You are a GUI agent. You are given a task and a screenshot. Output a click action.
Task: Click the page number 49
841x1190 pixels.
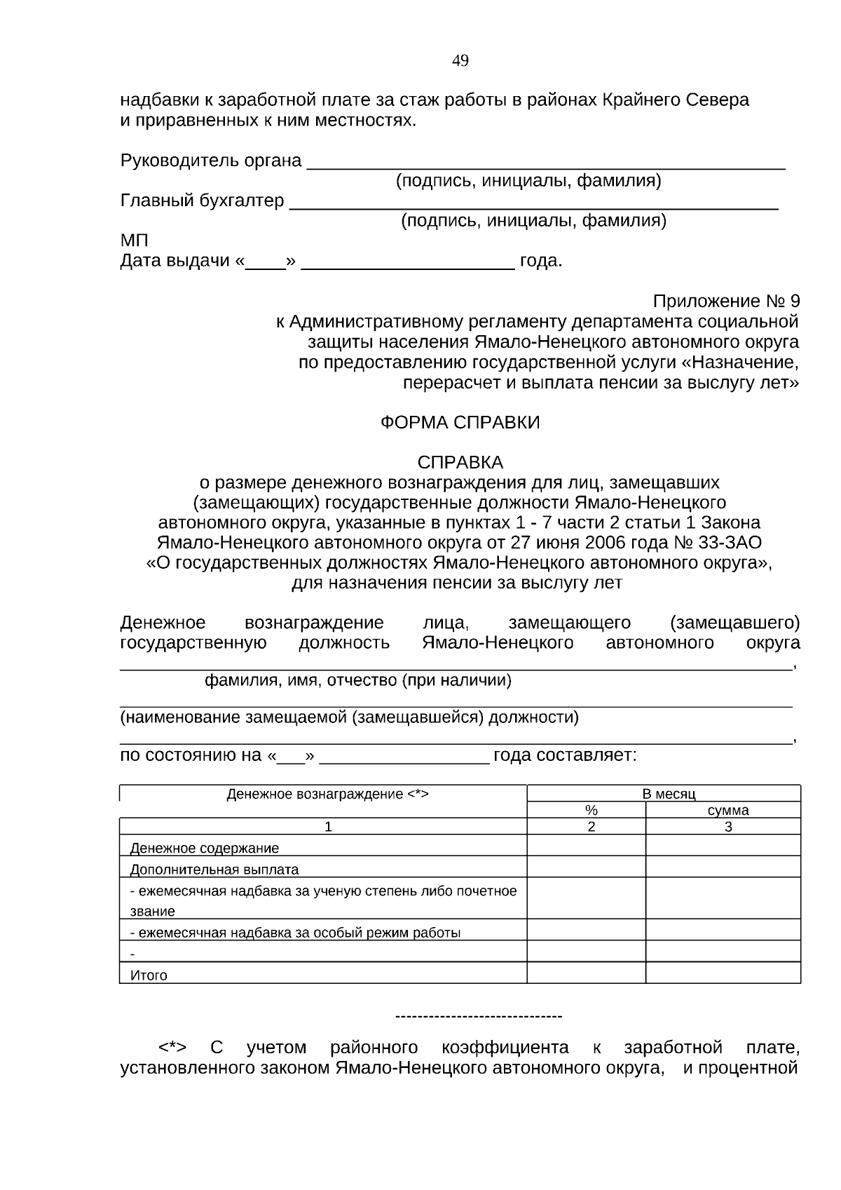click(460, 61)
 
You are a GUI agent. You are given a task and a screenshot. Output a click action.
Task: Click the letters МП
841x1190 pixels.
click(135, 241)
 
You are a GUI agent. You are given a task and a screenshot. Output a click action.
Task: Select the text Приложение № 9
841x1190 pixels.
click(726, 302)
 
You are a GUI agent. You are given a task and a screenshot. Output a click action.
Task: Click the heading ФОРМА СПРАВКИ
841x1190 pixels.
click(460, 423)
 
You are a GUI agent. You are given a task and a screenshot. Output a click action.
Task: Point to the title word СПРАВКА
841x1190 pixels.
click(460, 463)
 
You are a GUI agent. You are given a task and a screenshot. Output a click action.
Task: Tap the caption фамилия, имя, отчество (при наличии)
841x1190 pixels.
click(357, 681)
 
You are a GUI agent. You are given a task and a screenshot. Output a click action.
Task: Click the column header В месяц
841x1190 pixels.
click(669, 794)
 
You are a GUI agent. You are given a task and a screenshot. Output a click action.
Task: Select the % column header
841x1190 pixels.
click(591, 811)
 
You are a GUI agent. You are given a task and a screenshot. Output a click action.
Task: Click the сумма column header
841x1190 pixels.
click(728, 811)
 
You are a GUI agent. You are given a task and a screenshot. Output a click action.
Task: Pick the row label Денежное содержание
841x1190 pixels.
click(205, 848)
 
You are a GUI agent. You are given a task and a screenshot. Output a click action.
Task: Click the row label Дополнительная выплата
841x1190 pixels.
click(214, 870)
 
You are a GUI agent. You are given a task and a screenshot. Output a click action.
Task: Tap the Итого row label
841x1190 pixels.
click(149, 975)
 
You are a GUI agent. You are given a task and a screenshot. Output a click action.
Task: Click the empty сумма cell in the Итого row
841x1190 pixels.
click(723, 973)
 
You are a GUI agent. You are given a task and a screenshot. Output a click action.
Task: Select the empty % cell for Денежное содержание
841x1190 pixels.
click(586, 846)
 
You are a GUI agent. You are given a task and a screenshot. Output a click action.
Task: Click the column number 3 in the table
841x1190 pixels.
click(728, 827)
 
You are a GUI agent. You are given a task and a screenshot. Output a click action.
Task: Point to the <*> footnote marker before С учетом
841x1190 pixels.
click(172, 1048)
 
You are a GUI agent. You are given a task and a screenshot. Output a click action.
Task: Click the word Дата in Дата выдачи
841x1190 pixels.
click(139, 262)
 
